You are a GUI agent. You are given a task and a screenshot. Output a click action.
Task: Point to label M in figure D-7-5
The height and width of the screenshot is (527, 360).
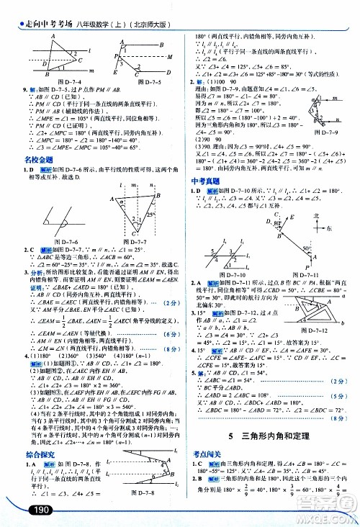(170, 55)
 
